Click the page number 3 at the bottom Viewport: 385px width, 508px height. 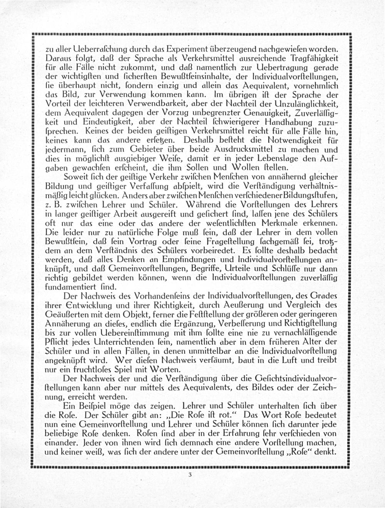point(190,475)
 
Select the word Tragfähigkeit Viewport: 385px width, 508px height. point(314,59)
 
